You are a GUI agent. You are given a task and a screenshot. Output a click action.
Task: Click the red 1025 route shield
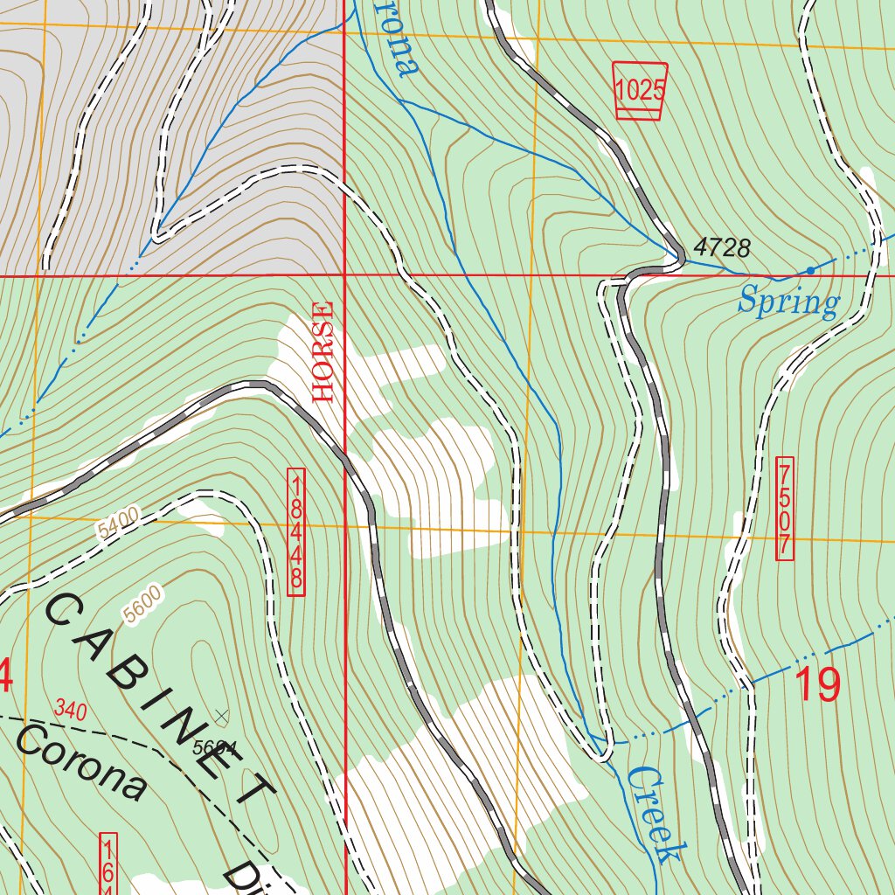[x=641, y=91]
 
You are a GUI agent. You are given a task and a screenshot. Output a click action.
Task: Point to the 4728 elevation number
[x=722, y=248]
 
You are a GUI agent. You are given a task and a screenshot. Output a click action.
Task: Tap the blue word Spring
[x=788, y=302]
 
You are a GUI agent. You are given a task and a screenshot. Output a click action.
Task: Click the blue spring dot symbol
[x=810, y=270]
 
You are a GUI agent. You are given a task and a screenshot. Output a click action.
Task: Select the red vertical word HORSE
[x=323, y=351]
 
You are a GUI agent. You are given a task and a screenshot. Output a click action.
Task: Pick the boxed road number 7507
[x=784, y=508]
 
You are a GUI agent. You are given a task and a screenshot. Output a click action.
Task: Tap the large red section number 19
[x=817, y=685]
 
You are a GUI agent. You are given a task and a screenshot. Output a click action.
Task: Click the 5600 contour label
[x=142, y=606]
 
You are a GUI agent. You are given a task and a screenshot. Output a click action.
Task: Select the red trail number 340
[x=70, y=711]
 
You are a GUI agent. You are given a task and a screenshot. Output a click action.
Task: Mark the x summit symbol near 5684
[x=221, y=717]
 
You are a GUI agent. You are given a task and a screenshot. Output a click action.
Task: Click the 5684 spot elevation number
[x=215, y=748]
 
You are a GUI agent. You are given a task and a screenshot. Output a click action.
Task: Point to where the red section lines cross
[x=345, y=275]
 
